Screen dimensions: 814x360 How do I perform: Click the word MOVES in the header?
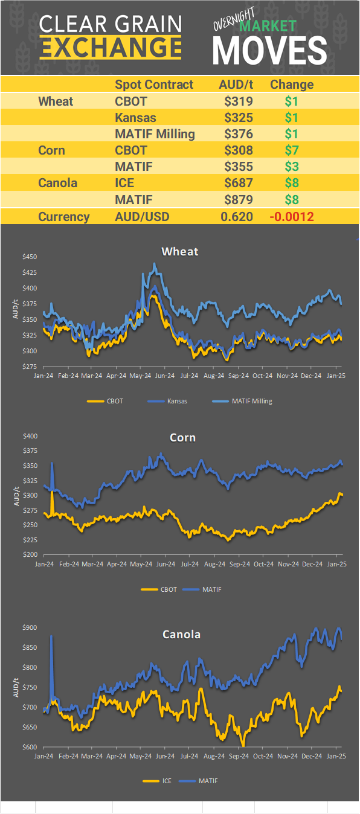[270, 50]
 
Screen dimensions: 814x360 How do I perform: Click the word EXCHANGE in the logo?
[111, 47]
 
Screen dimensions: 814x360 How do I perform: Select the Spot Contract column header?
[154, 85]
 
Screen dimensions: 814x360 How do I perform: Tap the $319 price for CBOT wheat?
[238, 101]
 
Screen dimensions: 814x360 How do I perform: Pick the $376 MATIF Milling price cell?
[238, 134]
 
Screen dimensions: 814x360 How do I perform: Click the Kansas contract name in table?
[135, 118]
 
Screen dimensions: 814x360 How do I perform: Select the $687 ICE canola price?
[238, 183]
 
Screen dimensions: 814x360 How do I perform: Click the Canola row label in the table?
[57, 183]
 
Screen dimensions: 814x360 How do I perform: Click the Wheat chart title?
[180, 251]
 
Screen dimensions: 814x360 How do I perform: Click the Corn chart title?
[182, 437]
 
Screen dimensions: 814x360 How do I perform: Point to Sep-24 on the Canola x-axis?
[239, 755]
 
